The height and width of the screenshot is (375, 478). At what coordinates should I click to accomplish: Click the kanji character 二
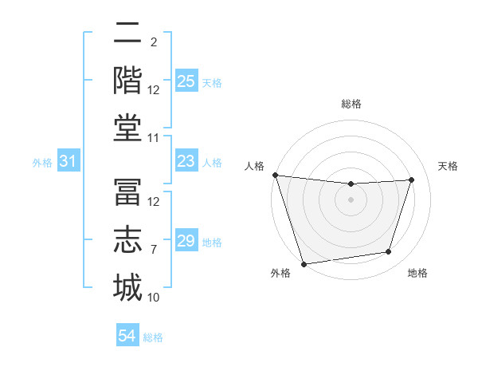pyautogui.click(x=127, y=34)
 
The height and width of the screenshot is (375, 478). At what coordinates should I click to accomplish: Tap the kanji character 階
pyautogui.click(x=127, y=79)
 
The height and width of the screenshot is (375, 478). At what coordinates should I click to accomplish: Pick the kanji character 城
pyautogui.click(x=127, y=286)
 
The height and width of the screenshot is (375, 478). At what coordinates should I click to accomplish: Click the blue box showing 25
pyautogui.click(x=186, y=81)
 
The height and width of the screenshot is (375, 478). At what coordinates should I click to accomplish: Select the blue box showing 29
pyautogui.click(x=186, y=241)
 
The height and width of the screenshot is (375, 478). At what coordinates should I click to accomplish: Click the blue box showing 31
pyautogui.click(x=69, y=162)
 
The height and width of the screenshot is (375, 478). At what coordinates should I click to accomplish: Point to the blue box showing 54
pyautogui.click(x=127, y=337)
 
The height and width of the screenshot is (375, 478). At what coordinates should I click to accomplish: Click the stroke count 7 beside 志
pyautogui.click(x=154, y=249)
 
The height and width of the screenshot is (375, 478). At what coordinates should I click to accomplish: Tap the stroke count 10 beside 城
pyautogui.click(x=154, y=298)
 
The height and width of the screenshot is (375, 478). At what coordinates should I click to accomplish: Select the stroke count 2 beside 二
pyautogui.click(x=153, y=42)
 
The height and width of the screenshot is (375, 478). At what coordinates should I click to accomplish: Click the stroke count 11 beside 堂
pyautogui.click(x=154, y=138)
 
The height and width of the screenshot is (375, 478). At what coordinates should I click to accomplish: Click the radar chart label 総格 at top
pyautogui.click(x=351, y=104)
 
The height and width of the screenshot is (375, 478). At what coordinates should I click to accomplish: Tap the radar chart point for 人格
pyautogui.click(x=275, y=175)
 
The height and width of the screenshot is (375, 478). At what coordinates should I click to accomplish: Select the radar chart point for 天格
pyautogui.click(x=412, y=180)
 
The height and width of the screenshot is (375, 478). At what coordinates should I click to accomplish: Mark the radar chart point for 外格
pyautogui.click(x=304, y=263)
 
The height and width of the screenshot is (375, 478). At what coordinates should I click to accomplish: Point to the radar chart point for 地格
pyautogui.click(x=389, y=252)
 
